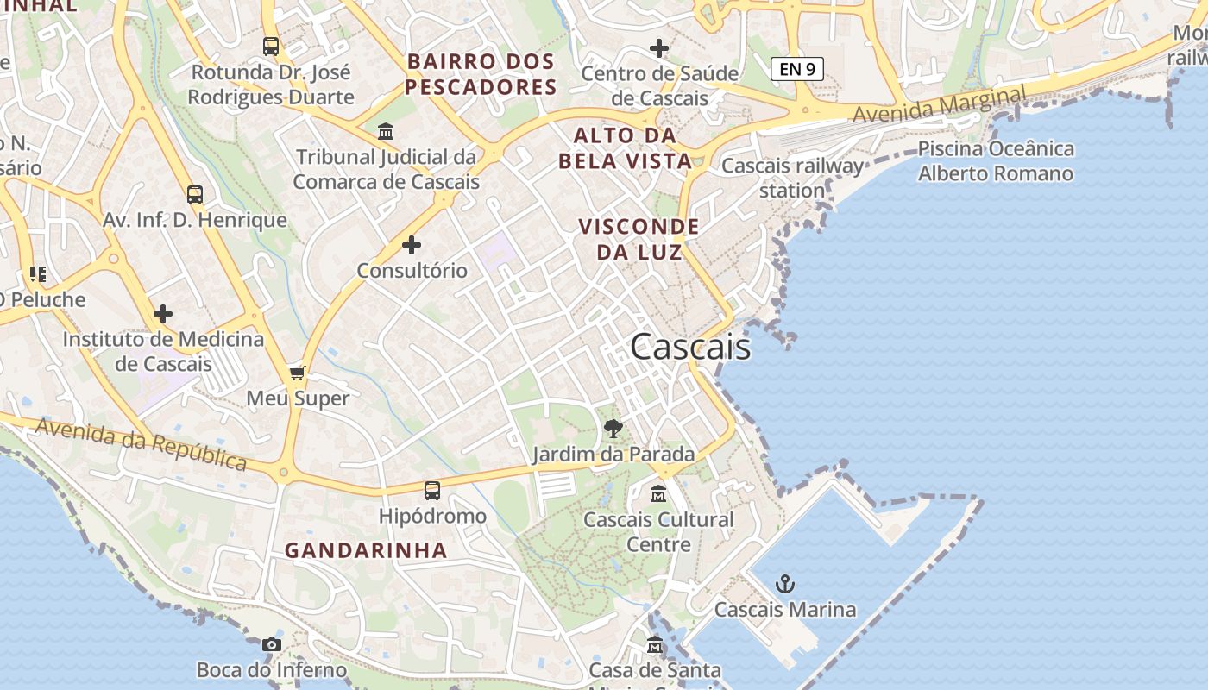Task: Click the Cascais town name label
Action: pos(690,347)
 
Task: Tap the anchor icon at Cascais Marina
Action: pos(784,584)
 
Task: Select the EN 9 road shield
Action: pos(797,69)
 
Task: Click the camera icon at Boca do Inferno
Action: pos(272,644)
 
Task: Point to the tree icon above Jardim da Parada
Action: pos(613,428)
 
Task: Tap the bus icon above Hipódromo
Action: pos(432,491)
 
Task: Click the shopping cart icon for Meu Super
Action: pos(298,373)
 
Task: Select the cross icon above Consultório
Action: pos(412,245)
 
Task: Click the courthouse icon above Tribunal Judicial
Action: pos(386,132)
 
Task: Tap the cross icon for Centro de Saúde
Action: pos(659,48)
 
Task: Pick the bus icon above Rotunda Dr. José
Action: pos(271,47)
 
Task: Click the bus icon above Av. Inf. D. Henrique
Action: pos(195,195)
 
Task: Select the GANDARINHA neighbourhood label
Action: pos(366,550)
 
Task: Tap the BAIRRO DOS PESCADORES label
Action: pos(481,74)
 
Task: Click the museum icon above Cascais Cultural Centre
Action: pos(658,494)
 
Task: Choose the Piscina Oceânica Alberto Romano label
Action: pos(996,161)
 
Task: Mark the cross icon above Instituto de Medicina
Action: pos(163,314)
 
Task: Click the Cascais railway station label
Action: pos(792,178)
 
